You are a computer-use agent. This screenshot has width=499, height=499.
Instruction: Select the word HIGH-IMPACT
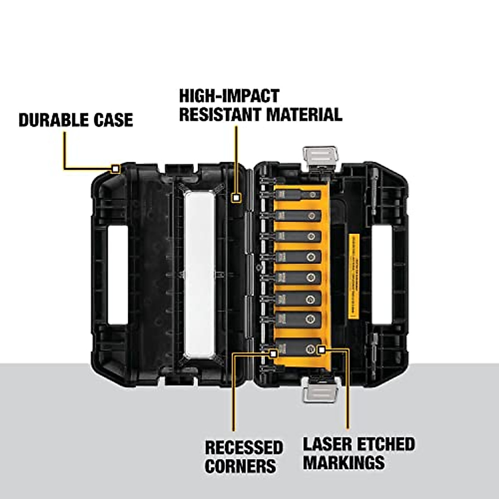tap(229, 96)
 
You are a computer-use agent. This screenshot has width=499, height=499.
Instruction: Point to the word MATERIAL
tap(304, 114)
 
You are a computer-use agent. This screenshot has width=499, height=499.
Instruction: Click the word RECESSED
tap(244, 448)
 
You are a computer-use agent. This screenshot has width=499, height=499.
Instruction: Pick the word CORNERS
tap(240, 466)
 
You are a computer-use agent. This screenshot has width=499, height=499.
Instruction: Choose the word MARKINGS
tap(343, 462)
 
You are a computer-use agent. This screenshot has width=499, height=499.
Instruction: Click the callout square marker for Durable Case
tap(115, 169)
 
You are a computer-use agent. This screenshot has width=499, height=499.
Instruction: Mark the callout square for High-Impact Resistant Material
tap(236, 198)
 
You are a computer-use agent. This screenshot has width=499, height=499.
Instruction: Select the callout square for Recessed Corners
tap(273, 353)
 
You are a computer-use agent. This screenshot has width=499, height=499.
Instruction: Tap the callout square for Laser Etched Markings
tap(321, 350)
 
